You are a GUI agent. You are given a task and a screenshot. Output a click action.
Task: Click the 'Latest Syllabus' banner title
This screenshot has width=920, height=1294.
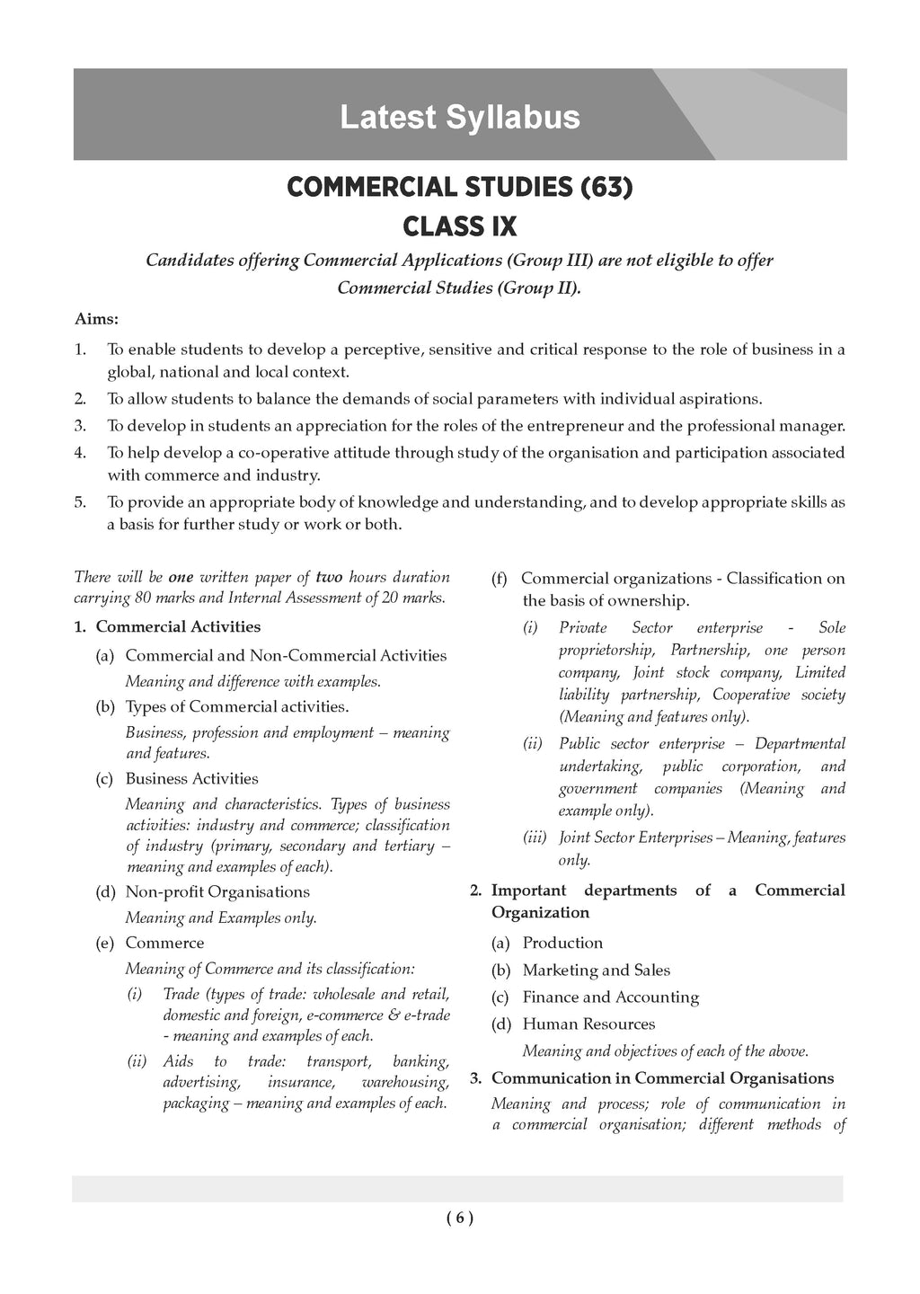(459, 118)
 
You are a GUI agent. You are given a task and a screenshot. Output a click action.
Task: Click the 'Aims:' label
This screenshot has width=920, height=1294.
(96, 319)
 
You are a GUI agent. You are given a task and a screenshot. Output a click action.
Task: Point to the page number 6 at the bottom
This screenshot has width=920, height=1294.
(459, 1219)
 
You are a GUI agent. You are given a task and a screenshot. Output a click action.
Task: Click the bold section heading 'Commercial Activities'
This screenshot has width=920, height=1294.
(178, 627)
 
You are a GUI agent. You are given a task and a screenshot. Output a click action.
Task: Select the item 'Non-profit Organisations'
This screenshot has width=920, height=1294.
(217, 891)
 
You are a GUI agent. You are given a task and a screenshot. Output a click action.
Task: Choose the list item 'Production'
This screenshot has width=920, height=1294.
(562, 943)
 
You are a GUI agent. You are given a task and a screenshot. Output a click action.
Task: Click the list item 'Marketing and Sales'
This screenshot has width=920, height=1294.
(596, 970)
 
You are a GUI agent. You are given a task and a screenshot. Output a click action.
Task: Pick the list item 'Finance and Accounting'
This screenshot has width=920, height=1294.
(610, 997)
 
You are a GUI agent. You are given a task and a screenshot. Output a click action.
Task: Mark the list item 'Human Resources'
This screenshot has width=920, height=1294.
(588, 1024)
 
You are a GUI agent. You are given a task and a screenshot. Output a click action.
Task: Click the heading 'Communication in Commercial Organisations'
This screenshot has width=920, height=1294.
(662, 1077)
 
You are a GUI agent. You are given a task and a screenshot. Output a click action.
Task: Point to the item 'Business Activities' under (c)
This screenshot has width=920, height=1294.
(191, 778)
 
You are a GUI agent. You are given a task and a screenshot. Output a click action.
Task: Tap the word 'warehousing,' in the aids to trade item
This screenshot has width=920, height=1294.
(404, 1082)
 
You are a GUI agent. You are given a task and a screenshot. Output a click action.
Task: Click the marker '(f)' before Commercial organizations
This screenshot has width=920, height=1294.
(500, 579)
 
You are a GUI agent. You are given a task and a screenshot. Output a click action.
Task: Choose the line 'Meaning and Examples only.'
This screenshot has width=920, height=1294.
(221, 917)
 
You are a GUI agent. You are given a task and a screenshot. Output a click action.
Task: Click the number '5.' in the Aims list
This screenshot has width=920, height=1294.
(80, 502)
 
